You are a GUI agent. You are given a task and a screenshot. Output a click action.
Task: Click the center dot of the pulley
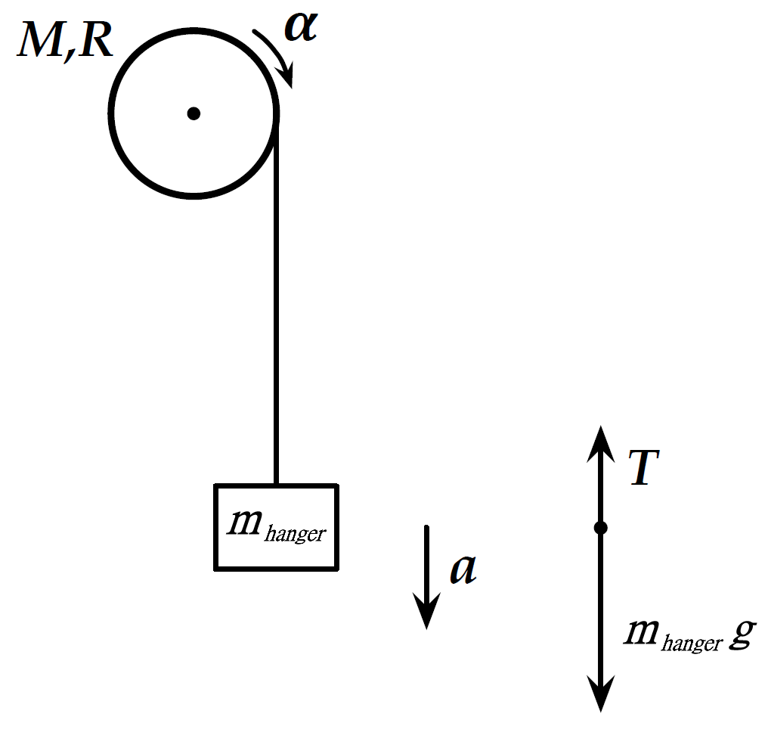pos(194,113)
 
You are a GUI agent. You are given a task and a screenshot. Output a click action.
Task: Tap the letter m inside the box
pos(249,523)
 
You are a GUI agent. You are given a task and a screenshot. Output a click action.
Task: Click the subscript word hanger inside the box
pos(297,533)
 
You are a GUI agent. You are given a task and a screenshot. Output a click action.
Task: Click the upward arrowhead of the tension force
pos(600,439)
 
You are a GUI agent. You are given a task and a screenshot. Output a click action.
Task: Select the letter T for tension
pos(644,470)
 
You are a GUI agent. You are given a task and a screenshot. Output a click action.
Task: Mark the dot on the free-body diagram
pos(600,528)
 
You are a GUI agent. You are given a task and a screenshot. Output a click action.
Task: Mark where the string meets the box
pos(276,485)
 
